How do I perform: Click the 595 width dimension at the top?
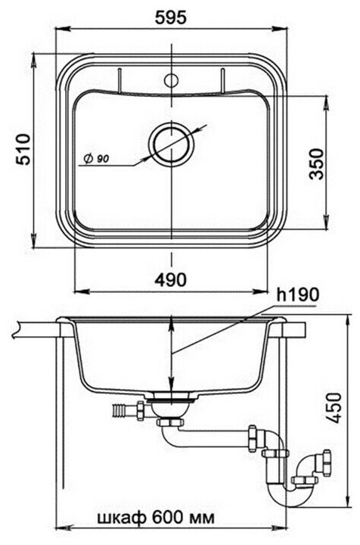click(170, 17)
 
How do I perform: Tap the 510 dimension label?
click(25, 149)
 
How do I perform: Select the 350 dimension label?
click(316, 164)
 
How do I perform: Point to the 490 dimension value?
click(170, 279)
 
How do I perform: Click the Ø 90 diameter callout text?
click(96, 159)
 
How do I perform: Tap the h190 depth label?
click(298, 294)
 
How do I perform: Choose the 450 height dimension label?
click(334, 408)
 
